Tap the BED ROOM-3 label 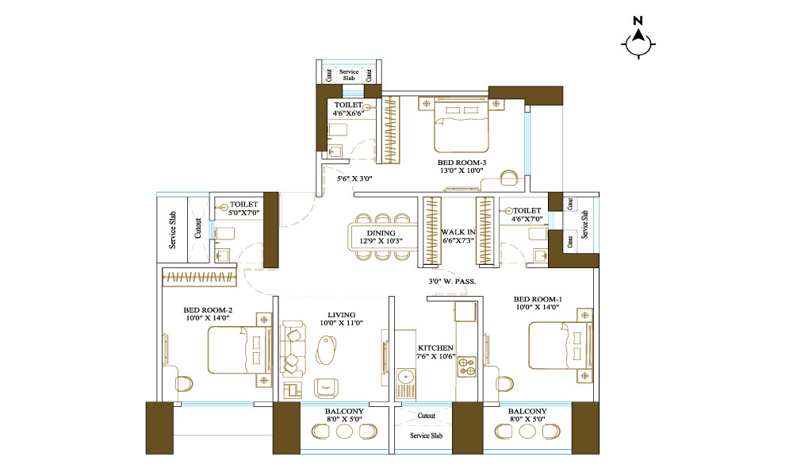click(x=462, y=163)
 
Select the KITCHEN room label click(x=435, y=348)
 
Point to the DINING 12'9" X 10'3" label click(x=381, y=237)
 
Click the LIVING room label click(x=341, y=315)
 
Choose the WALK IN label click(x=458, y=232)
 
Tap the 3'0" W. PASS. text click(x=452, y=282)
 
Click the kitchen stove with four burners click(x=467, y=367)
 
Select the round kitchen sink click(x=405, y=377)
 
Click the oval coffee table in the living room click(x=327, y=349)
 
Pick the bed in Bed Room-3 click(x=462, y=126)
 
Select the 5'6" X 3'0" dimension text click(x=354, y=178)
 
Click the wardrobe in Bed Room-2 click(x=199, y=278)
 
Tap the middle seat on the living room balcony click(x=344, y=432)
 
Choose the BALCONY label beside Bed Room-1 click(x=527, y=412)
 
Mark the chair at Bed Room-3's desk click(x=509, y=178)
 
